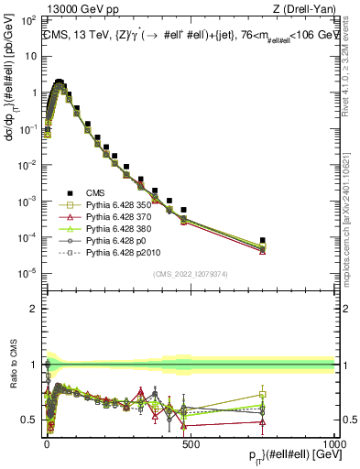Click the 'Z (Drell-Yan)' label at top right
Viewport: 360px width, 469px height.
[303, 9]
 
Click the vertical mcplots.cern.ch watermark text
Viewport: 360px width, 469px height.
[352, 220]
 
